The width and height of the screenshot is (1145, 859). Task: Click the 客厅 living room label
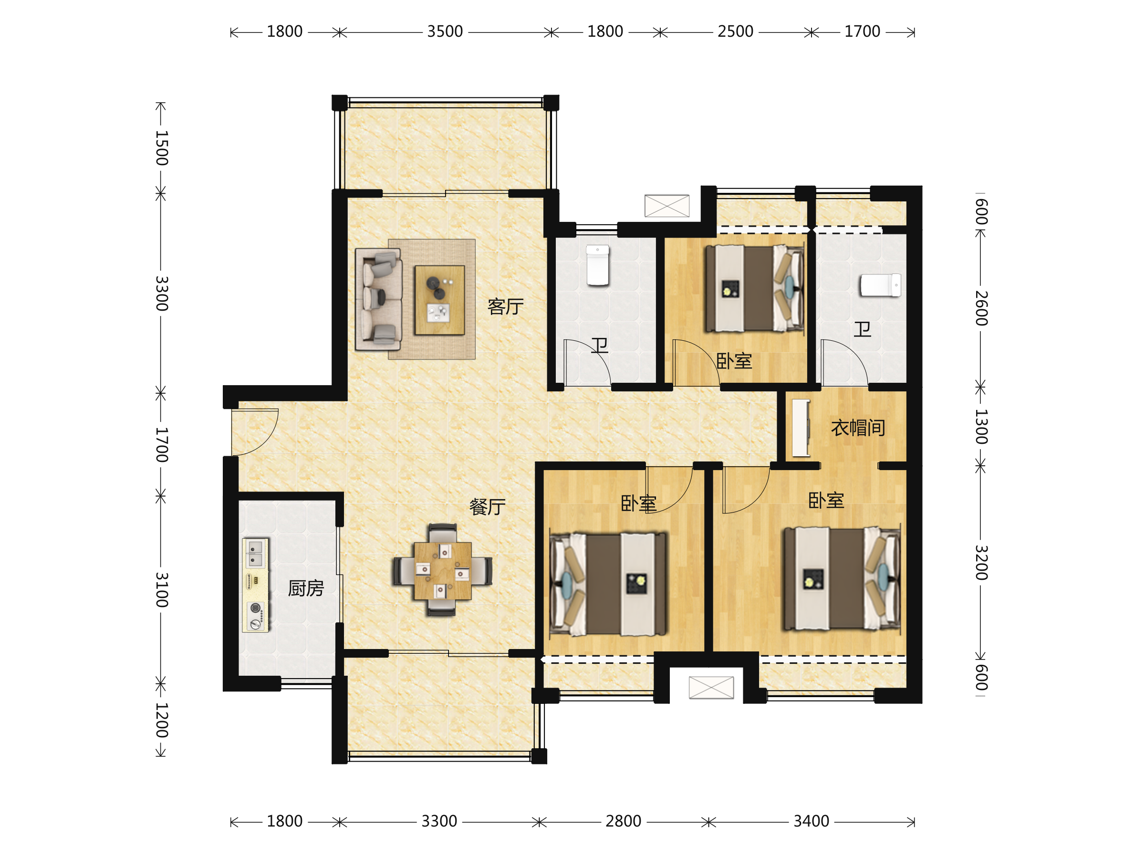click(x=505, y=306)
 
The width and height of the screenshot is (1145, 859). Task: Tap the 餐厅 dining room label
click(x=487, y=506)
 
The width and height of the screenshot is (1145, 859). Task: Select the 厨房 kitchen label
click(x=306, y=588)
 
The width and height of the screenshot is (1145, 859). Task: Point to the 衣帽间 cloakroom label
click(x=858, y=428)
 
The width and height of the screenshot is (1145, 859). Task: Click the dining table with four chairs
click(x=443, y=570)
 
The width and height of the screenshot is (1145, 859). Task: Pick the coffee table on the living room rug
click(x=439, y=300)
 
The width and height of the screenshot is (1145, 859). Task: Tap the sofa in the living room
click(x=378, y=299)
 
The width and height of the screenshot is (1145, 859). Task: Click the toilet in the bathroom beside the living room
click(x=597, y=265)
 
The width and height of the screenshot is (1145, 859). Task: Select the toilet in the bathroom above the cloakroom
click(x=880, y=285)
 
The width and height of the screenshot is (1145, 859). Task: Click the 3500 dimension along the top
click(x=445, y=31)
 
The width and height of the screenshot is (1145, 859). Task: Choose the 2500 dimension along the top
click(x=735, y=31)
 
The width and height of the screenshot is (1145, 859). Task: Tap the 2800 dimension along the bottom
click(x=623, y=821)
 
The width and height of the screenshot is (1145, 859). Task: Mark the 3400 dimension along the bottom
click(x=811, y=821)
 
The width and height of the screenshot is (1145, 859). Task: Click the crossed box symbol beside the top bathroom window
click(x=666, y=206)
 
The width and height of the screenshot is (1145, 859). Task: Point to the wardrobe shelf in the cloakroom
click(x=801, y=428)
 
